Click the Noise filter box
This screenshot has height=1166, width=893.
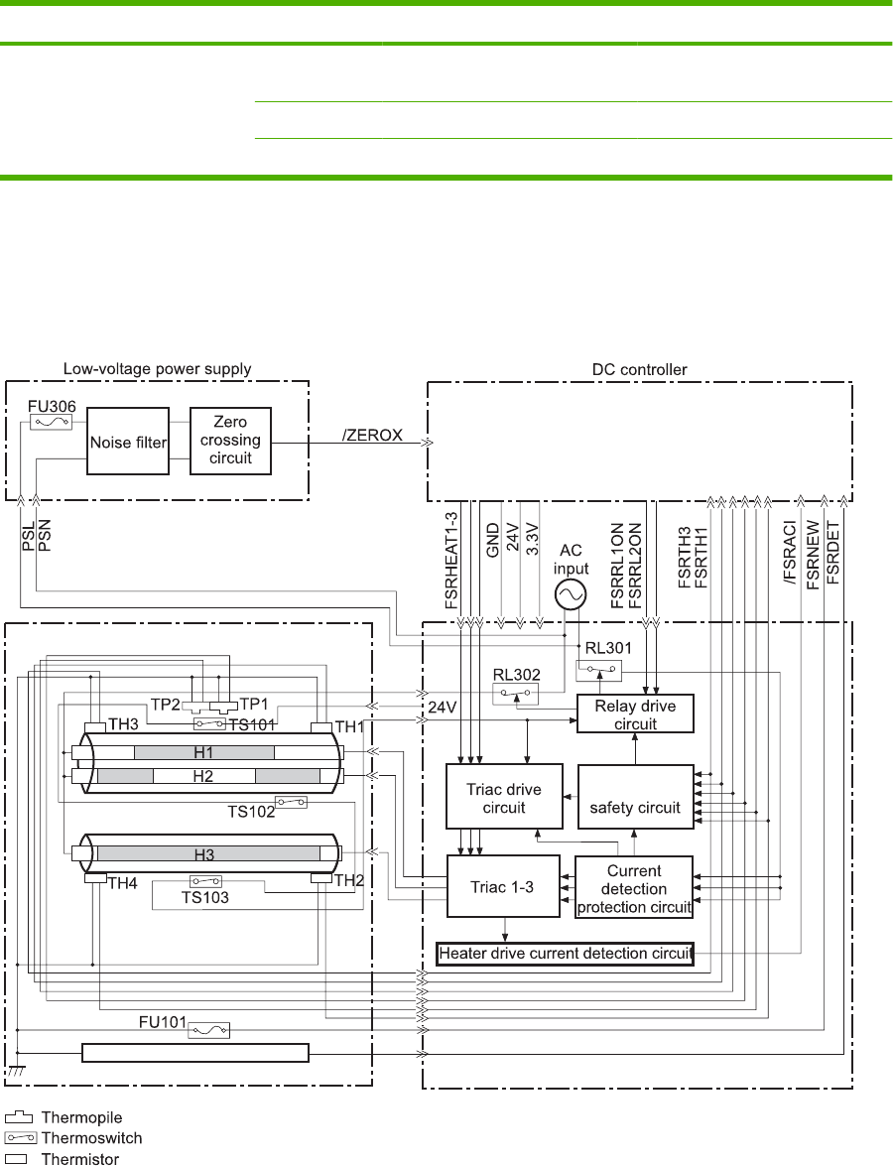point(128,440)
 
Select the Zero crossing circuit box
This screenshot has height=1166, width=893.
point(229,440)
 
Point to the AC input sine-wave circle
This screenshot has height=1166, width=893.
point(570,594)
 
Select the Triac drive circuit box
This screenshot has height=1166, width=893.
point(504,797)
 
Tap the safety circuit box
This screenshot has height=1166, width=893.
point(635,797)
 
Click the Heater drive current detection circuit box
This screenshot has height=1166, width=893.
point(565,954)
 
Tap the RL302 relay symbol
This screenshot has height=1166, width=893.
point(518,693)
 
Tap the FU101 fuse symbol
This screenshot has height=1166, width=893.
point(209,1031)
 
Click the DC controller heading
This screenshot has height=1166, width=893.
point(638,370)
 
